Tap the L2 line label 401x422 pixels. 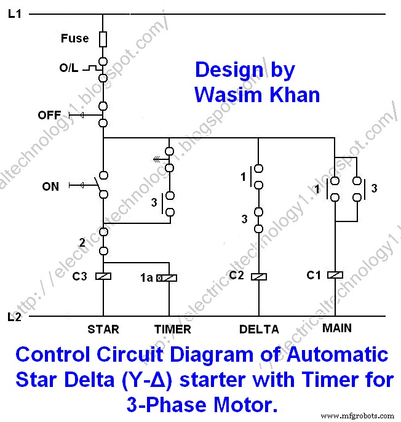pyautogui.click(x=15, y=317)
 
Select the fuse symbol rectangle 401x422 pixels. pyautogui.click(x=103, y=39)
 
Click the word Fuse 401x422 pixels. pyautogui.click(x=74, y=39)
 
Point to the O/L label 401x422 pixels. pyautogui.click(x=68, y=68)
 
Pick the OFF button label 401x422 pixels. pyautogui.click(x=49, y=115)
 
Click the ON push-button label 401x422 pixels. pyautogui.click(x=50, y=186)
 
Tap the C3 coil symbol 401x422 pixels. pyautogui.click(x=103, y=276)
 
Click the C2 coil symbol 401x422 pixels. pyautogui.click(x=259, y=276)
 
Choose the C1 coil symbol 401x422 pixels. pyautogui.click(x=335, y=276)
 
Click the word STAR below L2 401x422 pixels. pyautogui.click(x=103, y=330)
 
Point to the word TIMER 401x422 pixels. pyautogui.click(x=173, y=330)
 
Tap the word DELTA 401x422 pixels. pyautogui.click(x=259, y=330)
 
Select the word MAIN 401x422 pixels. pyautogui.click(x=337, y=328)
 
